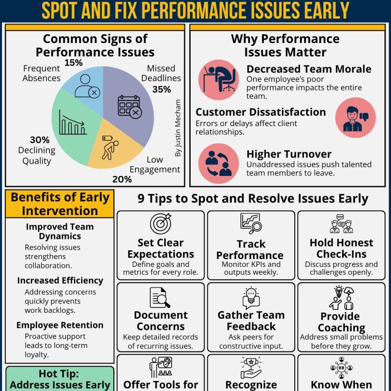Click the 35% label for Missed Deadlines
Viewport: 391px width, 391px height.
(x=161, y=89)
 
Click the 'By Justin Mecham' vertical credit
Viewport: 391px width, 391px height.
(x=177, y=128)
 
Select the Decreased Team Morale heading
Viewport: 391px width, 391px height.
(x=308, y=69)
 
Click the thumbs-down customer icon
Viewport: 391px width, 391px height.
(x=355, y=117)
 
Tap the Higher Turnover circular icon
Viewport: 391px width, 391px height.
(x=218, y=164)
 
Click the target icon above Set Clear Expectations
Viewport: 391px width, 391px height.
(x=160, y=223)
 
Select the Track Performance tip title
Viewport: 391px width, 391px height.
(x=250, y=249)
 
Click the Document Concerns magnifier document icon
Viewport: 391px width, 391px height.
(x=160, y=298)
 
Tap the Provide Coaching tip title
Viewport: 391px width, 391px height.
(x=341, y=322)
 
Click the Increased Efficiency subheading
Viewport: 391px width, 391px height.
(x=60, y=281)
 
